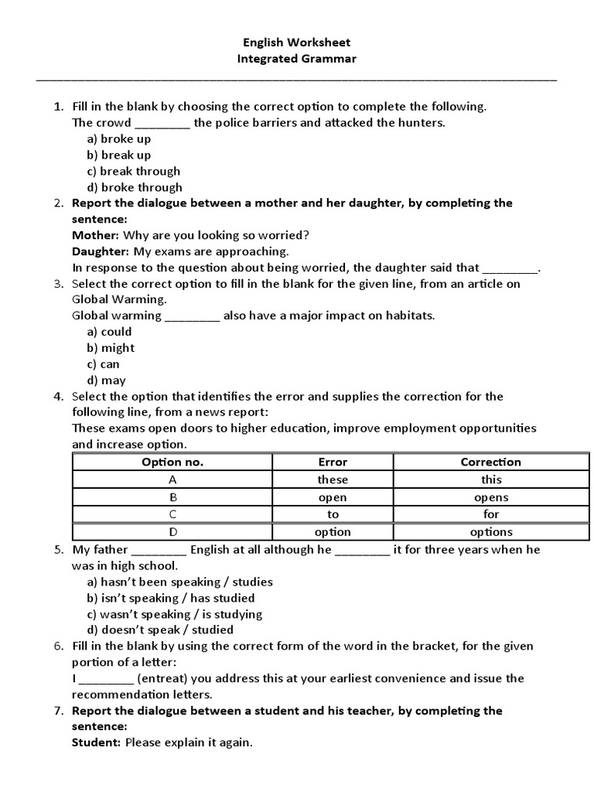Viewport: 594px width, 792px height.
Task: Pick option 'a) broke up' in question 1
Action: [118, 139]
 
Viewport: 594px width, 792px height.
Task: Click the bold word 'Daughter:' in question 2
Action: [101, 251]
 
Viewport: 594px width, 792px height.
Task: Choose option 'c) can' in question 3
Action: [103, 364]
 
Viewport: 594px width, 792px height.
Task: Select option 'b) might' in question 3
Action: [110, 348]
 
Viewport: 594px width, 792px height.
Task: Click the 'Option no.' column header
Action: [172, 463]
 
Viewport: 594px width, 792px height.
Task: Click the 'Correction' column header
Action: [490, 463]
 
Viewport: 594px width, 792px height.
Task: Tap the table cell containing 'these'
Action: [333, 480]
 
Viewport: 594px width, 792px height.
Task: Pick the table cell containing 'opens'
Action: [490, 497]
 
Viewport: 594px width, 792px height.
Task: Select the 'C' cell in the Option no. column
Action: [172, 514]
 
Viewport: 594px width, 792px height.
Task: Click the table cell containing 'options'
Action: [490, 532]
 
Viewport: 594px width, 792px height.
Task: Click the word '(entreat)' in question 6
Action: [159, 678]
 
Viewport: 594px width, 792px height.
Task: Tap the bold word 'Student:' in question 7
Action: [96, 743]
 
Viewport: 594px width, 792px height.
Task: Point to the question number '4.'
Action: [58, 397]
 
